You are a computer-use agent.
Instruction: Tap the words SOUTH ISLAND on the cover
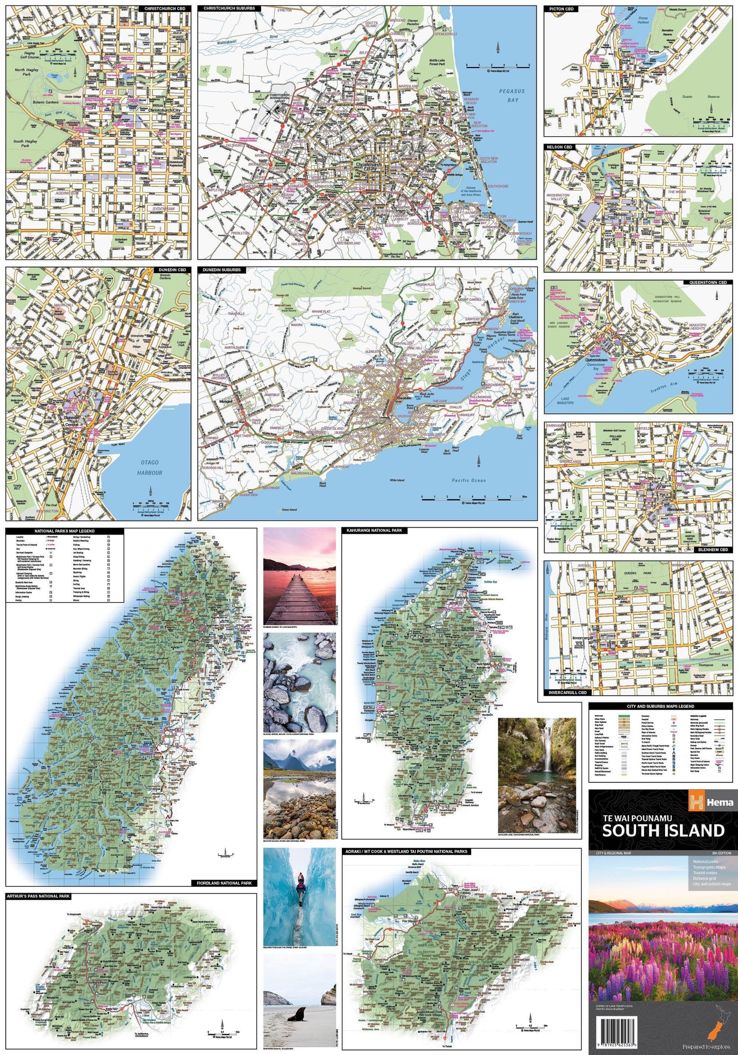[x=663, y=831]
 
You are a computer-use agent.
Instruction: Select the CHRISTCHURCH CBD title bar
[x=164, y=8]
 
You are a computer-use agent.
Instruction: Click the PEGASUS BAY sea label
[x=512, y=96]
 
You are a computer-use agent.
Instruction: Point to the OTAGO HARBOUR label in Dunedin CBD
[x=150, y=467]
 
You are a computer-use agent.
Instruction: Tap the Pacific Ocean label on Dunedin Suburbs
[x=468, y=480]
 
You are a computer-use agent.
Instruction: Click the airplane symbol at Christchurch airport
[x=269, y=111]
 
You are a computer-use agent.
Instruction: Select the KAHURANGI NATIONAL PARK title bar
[x=374, y=531]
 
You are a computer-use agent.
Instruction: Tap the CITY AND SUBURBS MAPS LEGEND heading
[x=660, y=706]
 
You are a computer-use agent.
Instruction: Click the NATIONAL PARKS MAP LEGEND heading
[x=64, y=531]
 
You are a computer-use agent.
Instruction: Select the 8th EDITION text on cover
[x=721, y=853]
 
